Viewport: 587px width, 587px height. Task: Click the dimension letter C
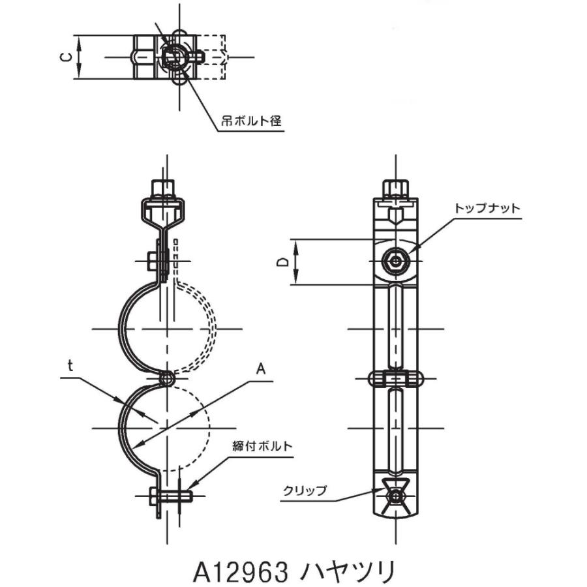[x=66, y=57]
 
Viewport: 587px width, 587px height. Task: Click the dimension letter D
[x=283, y=262]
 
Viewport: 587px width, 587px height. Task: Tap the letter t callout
[x=70, y=366]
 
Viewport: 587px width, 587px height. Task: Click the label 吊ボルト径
[x=251, y=121]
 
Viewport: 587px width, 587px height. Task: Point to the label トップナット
[x=487, y=208]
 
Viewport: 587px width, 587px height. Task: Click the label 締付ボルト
[x=262, y=446]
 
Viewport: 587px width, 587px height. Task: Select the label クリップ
[x=305, y=490]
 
